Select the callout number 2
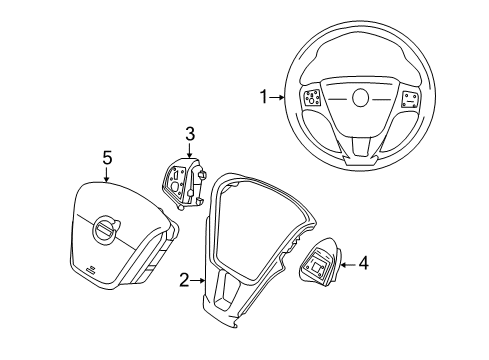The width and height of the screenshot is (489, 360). (184, 282)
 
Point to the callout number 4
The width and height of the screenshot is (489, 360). (364, 264)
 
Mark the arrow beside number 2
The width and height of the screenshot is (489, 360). (200, 282)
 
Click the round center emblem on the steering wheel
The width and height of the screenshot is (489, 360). (360, 99)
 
